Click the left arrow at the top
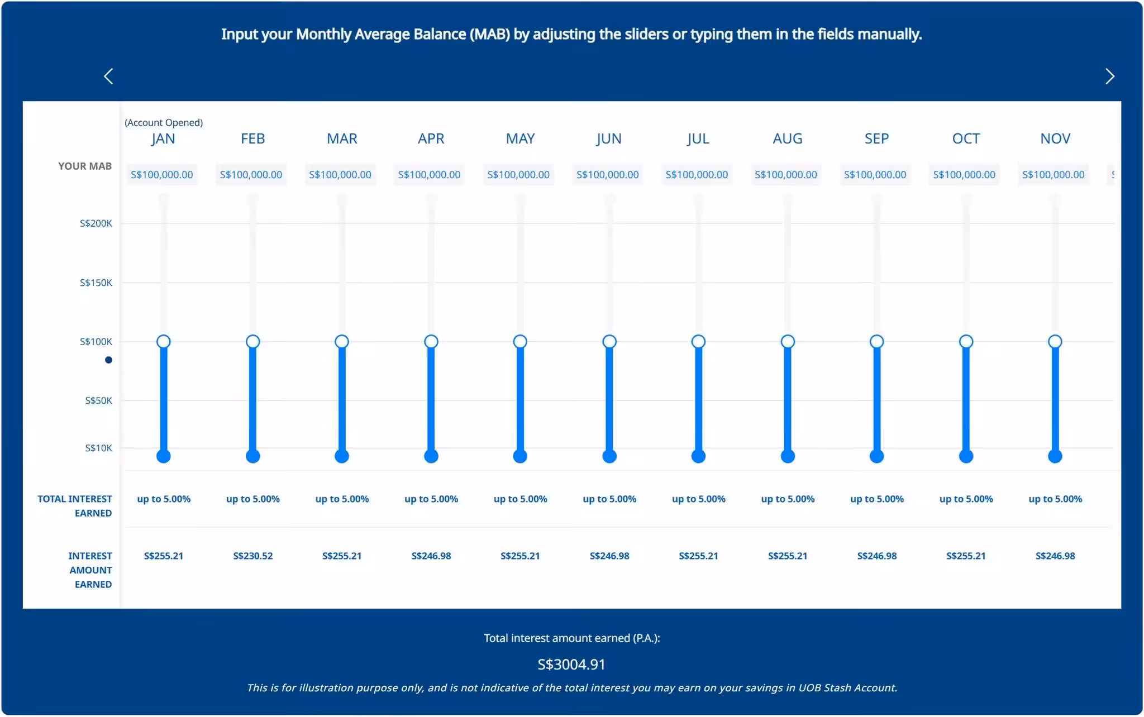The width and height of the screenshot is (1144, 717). (108, 77)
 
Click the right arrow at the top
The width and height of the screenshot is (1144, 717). (1109, 77)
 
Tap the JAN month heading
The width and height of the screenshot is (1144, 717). (163, 138)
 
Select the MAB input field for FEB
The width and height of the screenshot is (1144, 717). (251, 175)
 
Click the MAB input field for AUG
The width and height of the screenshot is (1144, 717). (786, 175)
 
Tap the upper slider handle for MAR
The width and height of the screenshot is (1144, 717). (342, 341)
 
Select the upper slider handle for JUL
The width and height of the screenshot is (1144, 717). (698, 341)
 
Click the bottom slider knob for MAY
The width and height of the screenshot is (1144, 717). (520, 456)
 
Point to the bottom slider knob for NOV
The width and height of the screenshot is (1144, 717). (1055, 456)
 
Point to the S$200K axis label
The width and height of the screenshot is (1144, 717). (96, 223)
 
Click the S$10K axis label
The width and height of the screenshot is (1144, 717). (98, 448)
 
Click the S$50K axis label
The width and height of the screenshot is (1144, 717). (98, 400)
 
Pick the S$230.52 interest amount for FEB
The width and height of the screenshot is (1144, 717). (253, 556)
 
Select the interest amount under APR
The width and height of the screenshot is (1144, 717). (431, 556)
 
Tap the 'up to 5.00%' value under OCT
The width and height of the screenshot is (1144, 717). (966, 499)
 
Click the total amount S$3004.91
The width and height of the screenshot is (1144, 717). (571, 664)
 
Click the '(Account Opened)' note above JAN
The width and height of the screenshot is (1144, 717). (164, 122)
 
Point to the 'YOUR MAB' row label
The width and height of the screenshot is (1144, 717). (85, 166)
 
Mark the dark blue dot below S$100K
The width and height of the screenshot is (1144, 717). (109, 360)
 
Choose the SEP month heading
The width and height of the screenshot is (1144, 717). (876, 138)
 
